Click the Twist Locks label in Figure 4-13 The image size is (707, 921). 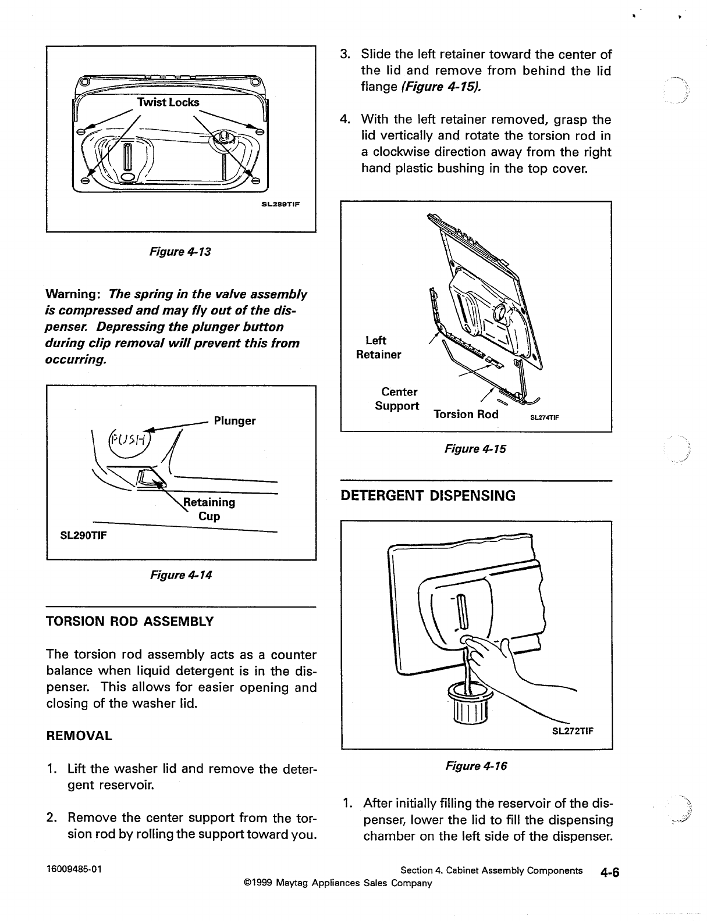(x=168, y=102)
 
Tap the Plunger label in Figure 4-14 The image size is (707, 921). (x=235, y=420)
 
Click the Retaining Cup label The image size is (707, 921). (x=209, y=509)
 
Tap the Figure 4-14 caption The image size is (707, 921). (x=181, y=575)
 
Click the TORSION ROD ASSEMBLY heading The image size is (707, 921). (x=130, y=622)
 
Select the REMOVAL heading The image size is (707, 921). (x=79, y=736)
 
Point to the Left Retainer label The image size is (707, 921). (x=378, y=347)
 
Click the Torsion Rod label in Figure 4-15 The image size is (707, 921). (x=466, y=414)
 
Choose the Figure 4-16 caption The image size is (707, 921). (x=476, y=766)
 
